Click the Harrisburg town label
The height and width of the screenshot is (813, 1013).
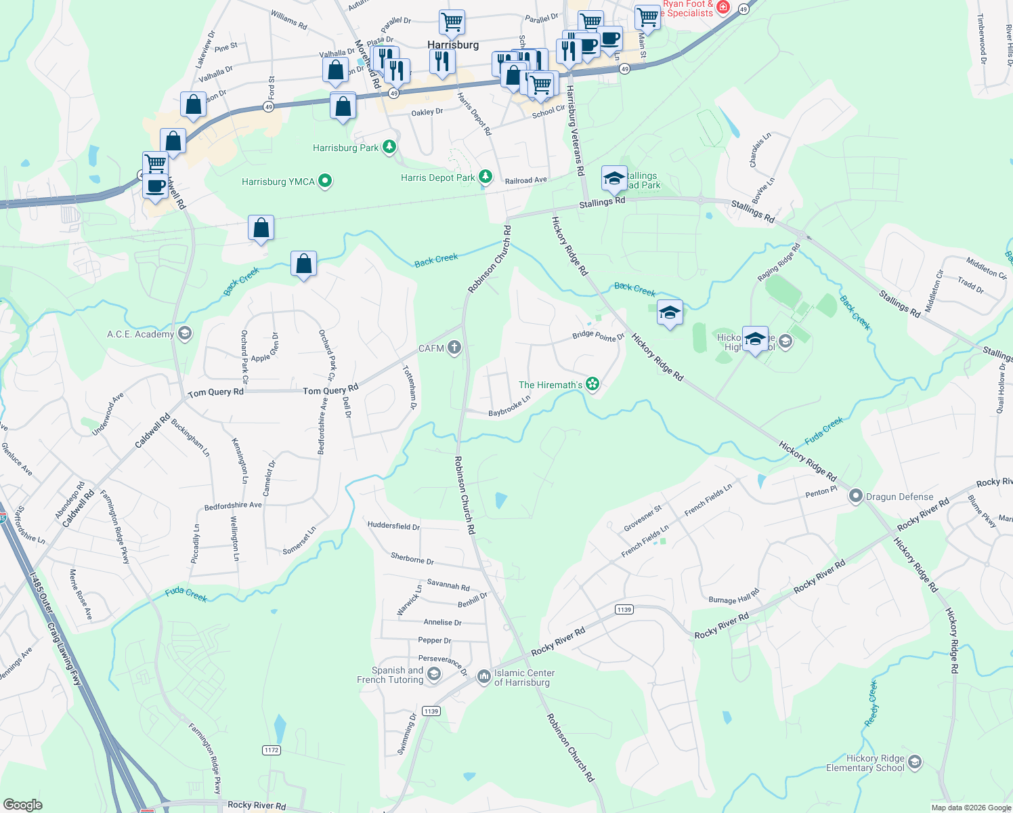(453, 45)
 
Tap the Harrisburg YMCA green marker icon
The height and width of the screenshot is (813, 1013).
(325, 181)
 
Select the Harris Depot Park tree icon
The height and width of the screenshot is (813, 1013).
(486, 177)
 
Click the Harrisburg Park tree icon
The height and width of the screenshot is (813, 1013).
(389, 146)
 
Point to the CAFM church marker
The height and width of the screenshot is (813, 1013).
(454, 348)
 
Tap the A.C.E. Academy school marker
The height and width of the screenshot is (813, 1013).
(184, 333)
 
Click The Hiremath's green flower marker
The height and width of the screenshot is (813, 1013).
(592, 384)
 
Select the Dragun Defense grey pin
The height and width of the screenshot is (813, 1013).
(856, 497)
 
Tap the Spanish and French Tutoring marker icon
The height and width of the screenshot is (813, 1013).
(434, 674)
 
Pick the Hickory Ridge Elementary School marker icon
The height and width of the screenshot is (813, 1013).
(915, 762)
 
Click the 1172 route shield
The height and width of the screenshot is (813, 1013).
(272, 750)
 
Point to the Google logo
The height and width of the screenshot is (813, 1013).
(22, 804)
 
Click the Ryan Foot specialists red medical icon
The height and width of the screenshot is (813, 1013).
(723, 7)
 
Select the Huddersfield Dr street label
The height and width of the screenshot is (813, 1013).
(393, 526)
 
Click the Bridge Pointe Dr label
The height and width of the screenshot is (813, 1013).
(598, 336)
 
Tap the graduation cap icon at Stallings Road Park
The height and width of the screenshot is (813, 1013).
(614, 179)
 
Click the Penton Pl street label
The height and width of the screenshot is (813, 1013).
(821, 493)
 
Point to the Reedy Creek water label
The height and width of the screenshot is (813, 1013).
(872, 705)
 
